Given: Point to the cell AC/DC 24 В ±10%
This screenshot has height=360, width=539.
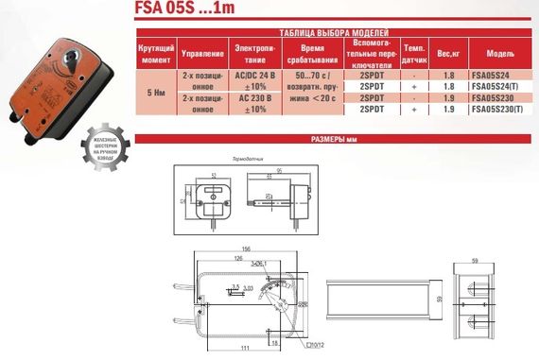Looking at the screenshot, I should coord(254,78).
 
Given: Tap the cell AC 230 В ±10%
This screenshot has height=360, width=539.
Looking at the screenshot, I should coord(254,103).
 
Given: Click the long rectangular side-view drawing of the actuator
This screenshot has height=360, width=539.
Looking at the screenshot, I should coord(373,302).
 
